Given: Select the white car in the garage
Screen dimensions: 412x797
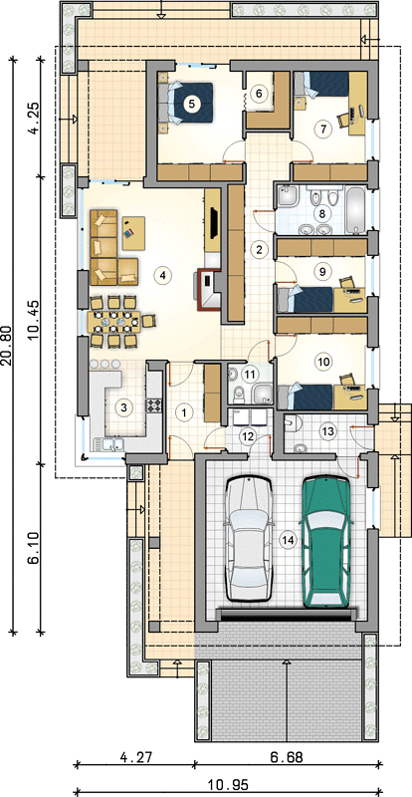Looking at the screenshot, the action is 250,539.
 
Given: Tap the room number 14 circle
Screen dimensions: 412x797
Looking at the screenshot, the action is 288,541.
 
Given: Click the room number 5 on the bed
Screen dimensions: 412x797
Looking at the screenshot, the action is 191,104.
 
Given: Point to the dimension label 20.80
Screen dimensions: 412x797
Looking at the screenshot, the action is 8,346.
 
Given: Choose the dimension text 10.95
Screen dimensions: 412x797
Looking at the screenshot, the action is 227,783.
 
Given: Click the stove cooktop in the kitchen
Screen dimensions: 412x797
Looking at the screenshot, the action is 154,405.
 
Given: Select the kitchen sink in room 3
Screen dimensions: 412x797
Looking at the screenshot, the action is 109,444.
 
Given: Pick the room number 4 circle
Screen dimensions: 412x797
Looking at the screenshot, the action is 162,275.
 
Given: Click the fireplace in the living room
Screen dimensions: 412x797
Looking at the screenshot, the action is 207,289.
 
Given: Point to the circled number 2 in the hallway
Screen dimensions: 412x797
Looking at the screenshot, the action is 260,250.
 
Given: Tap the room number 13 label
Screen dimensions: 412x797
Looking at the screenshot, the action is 327,431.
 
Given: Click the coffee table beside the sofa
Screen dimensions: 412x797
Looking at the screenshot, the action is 133,233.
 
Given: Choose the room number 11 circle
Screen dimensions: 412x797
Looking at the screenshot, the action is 250,375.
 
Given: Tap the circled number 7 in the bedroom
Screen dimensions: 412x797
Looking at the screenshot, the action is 321,129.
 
